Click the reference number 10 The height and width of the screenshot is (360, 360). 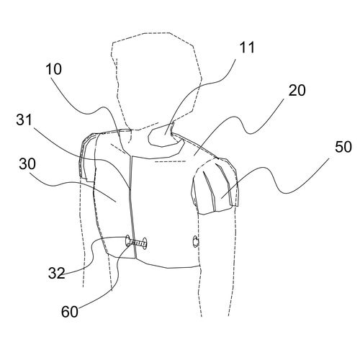click(x=54, y=69)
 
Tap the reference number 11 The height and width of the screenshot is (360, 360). click(x=247, y=48)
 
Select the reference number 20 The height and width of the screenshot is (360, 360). click(x=297, y=91)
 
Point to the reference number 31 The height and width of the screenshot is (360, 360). click(x=24, y=120)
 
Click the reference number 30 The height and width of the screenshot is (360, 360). click(x=27, y=164)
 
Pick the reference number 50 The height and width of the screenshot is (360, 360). click(x=343, y=147)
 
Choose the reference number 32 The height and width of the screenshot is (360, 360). click(x=57, y=273)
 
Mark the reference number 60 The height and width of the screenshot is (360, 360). click(x=70, y=312)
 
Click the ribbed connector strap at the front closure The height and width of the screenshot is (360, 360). click(x=135, y=243)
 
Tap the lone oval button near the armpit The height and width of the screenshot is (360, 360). click(x=196, y=241)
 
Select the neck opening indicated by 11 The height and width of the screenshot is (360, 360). click(x=164, y=135)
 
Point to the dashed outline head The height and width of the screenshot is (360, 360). click(x=157, y=81)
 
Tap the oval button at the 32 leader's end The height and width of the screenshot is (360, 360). click(x=127, y=241)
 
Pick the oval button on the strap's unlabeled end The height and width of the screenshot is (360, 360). click(x=145, y=243)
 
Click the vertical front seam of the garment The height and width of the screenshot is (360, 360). click(x=132, y=207)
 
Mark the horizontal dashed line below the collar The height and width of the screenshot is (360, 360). click(x=171, y=161)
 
